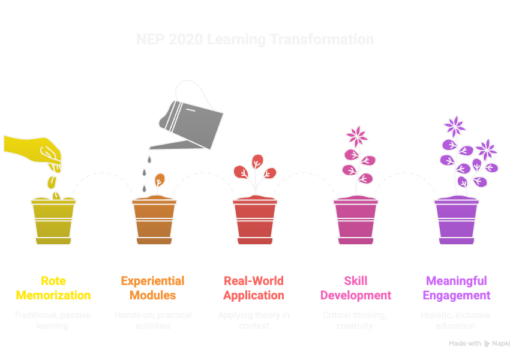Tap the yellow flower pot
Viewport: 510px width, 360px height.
[53, 221]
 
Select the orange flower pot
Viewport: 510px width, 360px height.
[154, 221]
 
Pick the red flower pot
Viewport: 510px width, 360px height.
[255, 221]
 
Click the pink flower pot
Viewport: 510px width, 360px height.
[356, 221]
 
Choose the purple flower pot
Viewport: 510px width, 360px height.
[457, 221]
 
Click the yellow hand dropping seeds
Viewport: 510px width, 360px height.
[36, 150]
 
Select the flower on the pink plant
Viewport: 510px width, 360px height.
[358, 136]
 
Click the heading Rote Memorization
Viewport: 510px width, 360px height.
[53, 288]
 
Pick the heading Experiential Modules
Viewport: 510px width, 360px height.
[152, 288]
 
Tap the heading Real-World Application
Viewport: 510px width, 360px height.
[254, 288]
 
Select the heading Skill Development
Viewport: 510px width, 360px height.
[356, 288]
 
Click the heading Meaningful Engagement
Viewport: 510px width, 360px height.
[457, 288]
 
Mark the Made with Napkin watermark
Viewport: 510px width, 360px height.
[479, 344]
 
